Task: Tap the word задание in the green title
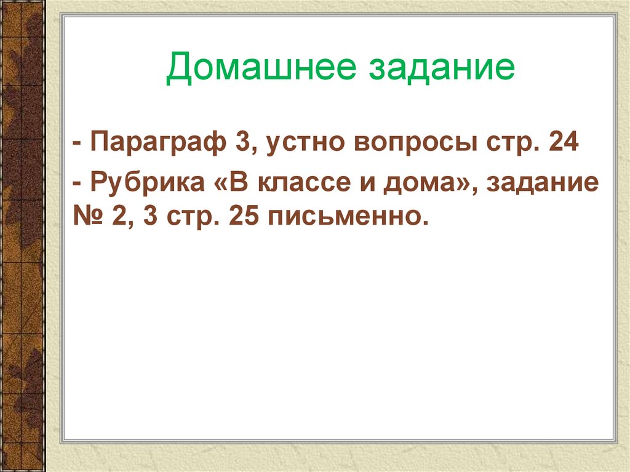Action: click(441, 68)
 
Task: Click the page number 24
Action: click(562, 145)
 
